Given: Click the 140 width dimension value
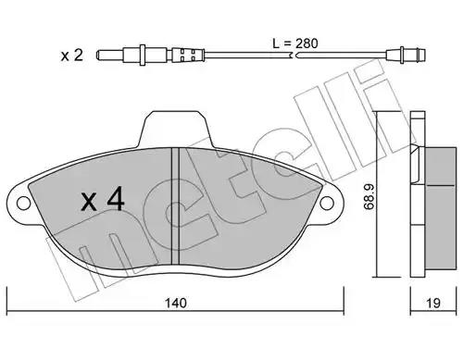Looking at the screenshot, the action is pyautogui.click(x=176, y=303).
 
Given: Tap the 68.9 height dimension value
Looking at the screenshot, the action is pyautogui.click(x=369, y=197).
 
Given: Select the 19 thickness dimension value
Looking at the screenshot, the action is pyautogui.click(x=433, y=303).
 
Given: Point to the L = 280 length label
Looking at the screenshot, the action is pyautogui.click(x=295, y=43).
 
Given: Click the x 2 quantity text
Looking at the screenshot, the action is pyautogui.click(x=72, y=56).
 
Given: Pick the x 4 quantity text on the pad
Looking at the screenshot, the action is pyautogui.click(x=103, y=200).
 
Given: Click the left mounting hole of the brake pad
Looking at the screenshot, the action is pyautogui.click(x=23, y=203).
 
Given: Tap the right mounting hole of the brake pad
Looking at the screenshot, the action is pyautogui.click(x=327, y=203).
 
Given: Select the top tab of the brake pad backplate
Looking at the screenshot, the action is pyautogui.click(x=175, y=128).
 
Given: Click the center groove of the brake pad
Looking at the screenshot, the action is pyautogui.click(x=175, y=205).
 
